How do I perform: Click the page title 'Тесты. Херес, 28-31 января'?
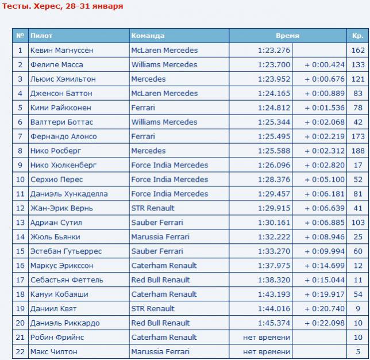(x=63, y=6)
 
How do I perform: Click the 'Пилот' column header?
(x=41, y=36)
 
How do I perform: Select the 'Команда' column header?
(x=148, y=36)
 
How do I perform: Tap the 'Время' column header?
(x=287, y=36)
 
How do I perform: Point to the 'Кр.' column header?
(x=357, y=36)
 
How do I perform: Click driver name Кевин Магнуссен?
(x=61, y=51)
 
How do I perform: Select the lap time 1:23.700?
(x=274, y=65)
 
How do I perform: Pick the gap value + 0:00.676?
(x=325, y=79)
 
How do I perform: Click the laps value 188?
(x=358, y=151)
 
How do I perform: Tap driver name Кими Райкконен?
(x=60, y=108)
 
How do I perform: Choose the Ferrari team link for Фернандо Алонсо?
(x=143, y=137)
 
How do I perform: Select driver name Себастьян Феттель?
(x=67, y=280)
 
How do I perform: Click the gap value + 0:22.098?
(x=325, y=323)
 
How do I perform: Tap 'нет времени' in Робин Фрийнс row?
(x=267, y=338)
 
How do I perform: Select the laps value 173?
(x=358, y=137)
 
